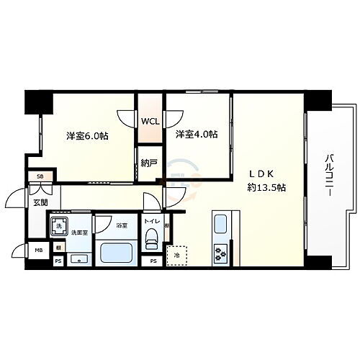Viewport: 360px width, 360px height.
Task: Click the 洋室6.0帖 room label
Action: [87, 135]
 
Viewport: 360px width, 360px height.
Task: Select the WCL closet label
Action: [150, 121]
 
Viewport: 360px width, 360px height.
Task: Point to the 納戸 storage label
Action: [149, 163]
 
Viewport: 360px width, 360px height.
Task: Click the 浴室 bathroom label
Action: [122, 225]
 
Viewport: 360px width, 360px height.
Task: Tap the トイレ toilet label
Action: [152, 222]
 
